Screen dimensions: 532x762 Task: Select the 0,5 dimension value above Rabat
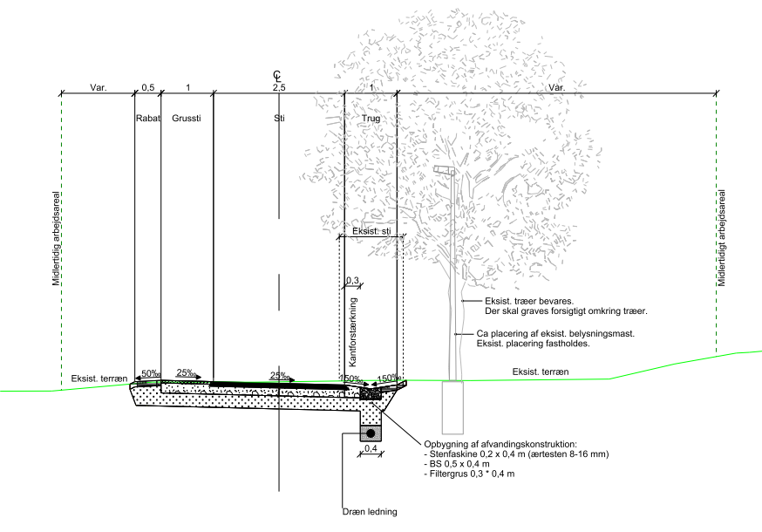point(148,88)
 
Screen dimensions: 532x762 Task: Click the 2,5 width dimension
point(279,88)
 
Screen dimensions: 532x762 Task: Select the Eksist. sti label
point(371,232)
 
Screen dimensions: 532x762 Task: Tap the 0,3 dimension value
point(352,280)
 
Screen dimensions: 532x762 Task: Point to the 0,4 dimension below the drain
point(370,449)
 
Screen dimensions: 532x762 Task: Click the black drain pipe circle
point(370,433)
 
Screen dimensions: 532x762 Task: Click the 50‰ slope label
point(151,373)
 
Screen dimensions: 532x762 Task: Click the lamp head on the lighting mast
point(443,169)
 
